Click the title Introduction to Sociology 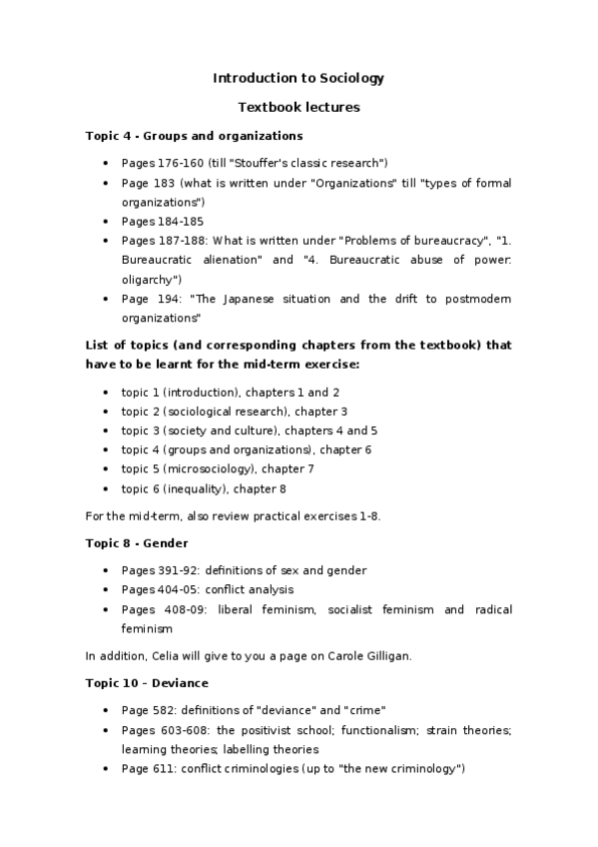[299, 78]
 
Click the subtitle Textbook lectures [299, 107]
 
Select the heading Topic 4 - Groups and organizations [195, 135]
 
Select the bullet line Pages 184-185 [163, 222]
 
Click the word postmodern [476, 299]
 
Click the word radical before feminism [489, 609]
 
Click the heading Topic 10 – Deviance [147, 684]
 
